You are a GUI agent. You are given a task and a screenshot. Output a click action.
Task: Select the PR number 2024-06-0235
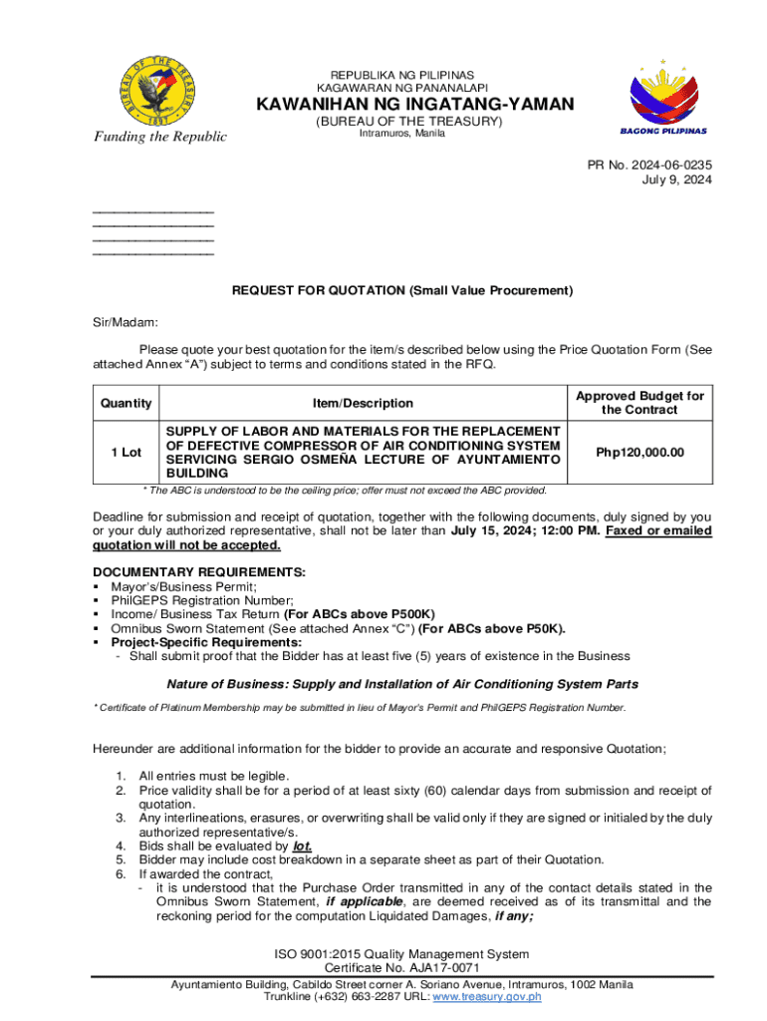click(659, 165)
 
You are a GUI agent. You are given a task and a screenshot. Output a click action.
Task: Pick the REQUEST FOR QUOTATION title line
click(402, 291)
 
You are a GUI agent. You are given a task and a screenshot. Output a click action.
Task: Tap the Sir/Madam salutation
click(119, 322)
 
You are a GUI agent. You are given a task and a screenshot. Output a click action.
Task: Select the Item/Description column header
click(363, 403)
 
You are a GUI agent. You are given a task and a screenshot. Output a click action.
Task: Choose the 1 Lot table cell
click(126, 452)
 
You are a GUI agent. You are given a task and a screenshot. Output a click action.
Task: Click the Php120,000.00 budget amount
click(639, 452)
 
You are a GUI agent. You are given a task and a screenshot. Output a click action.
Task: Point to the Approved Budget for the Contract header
click(639, 403)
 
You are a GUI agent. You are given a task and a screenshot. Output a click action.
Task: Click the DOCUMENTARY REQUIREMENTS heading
click(199, 572)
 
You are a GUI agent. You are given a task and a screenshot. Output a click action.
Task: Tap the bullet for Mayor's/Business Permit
click(97, 586)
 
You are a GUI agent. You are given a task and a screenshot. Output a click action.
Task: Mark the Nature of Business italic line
click(402, 684)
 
